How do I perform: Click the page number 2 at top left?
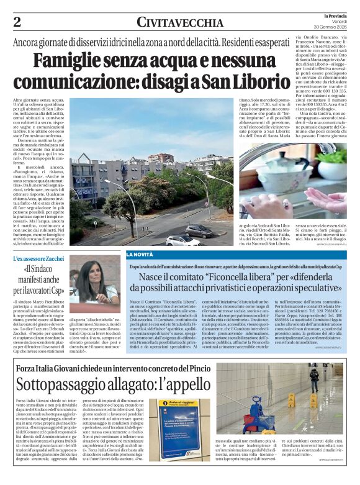17,22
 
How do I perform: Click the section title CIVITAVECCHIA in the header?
180,23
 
